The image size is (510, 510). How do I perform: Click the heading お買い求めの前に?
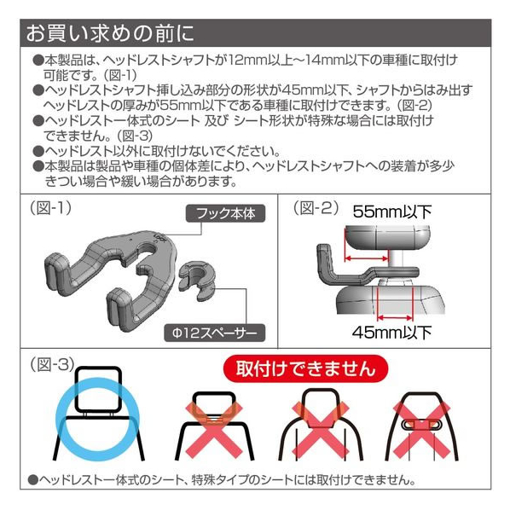110,33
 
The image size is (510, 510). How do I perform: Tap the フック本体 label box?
225,214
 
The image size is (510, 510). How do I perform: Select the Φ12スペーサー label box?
215,333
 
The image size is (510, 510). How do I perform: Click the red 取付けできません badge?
305,368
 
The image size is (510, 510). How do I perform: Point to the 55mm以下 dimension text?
392,212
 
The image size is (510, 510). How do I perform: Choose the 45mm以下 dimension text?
392,333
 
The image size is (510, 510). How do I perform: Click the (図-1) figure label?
50,207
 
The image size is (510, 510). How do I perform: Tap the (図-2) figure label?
316,208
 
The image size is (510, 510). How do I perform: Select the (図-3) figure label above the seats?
52,365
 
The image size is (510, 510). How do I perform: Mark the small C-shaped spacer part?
197,280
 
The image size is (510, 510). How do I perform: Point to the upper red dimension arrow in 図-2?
367,258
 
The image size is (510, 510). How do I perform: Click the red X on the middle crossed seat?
321,428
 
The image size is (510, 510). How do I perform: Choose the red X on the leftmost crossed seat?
214,428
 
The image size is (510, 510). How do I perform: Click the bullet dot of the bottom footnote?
33,480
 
